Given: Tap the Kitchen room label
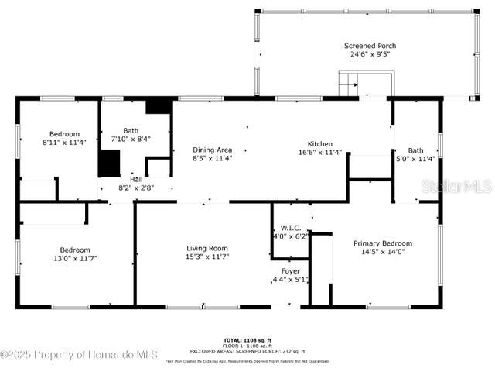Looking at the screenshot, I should tap(320, 144).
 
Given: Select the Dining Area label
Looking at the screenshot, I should tap(213, 150).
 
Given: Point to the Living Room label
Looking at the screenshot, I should tap(207, 248).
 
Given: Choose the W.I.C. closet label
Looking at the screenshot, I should tap(290, 227).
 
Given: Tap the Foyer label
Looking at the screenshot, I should tap(290, 270).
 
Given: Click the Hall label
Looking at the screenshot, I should tap(135, 179).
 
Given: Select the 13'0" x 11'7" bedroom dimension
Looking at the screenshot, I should tap(76, 258).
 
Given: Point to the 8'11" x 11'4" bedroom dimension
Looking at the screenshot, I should tap(65, 143).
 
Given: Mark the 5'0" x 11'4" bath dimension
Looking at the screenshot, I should tap(416, 159).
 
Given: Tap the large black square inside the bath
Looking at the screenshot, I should tap(109, 164).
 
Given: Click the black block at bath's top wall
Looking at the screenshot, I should tap(159, 106).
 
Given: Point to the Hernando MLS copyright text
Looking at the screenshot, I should tap(79, 355).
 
